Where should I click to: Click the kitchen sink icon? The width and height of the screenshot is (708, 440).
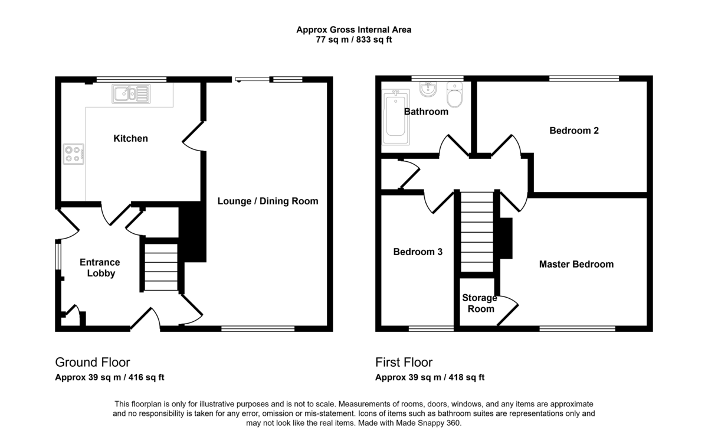click(x=131, y=94)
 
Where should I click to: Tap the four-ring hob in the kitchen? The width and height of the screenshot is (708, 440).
click(x=74, y=154)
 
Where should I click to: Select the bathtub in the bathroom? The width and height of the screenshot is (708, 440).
click(x=396, y=117)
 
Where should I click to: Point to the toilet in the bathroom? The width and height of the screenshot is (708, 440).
click(x=454, y=94)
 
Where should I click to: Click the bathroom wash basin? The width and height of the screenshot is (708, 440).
click(x=428, y=89)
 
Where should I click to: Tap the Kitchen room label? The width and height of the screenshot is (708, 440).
click(x=130, y=138)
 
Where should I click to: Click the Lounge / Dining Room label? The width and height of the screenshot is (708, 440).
click(x=268, y=201)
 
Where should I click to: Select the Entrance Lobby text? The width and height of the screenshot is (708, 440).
click(x=100, y=268)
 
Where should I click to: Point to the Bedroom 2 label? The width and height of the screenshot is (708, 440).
click(x=574, y=131)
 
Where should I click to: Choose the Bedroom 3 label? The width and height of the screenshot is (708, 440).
click(x=418, y=252)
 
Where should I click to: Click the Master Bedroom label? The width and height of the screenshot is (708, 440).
click(x=576, y=264)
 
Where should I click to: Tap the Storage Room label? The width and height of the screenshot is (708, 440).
click(x=480, y=303)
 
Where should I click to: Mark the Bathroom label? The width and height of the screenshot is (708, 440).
click(x=426, y=112)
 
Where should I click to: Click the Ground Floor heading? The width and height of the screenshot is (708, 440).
click(x=92, y=362)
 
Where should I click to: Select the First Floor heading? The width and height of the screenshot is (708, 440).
click(x=404, y=362)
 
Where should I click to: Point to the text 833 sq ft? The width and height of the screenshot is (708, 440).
click(x=374, y=40)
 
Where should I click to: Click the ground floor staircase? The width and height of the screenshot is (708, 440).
click(x=161, y=267)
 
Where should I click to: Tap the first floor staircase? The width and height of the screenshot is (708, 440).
click(x=477, y=232)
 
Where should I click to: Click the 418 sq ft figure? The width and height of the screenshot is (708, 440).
click(x=466, y=377)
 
